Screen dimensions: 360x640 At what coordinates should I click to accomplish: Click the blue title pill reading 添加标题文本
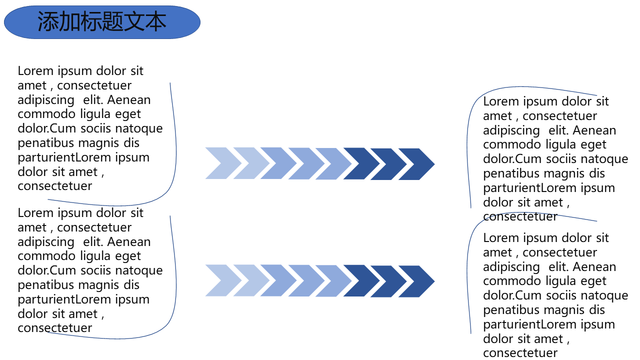click(x=102, y=22)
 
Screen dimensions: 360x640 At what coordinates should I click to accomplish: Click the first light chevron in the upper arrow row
click(x=220, y=163)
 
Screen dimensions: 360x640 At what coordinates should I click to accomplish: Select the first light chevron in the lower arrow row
click(x=220, y=281)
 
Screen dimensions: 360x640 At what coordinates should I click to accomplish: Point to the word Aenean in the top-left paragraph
click(x=129, y=100)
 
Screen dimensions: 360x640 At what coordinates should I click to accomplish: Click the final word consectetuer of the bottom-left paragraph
click(x=55, y=328)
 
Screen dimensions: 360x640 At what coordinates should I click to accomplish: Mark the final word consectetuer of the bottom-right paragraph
click(x=520, y=353)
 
